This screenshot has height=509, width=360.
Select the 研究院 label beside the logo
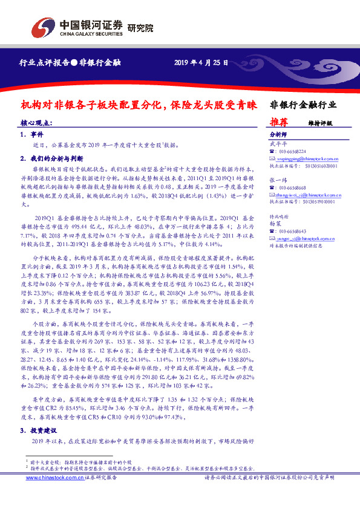[x=140, y=28]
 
